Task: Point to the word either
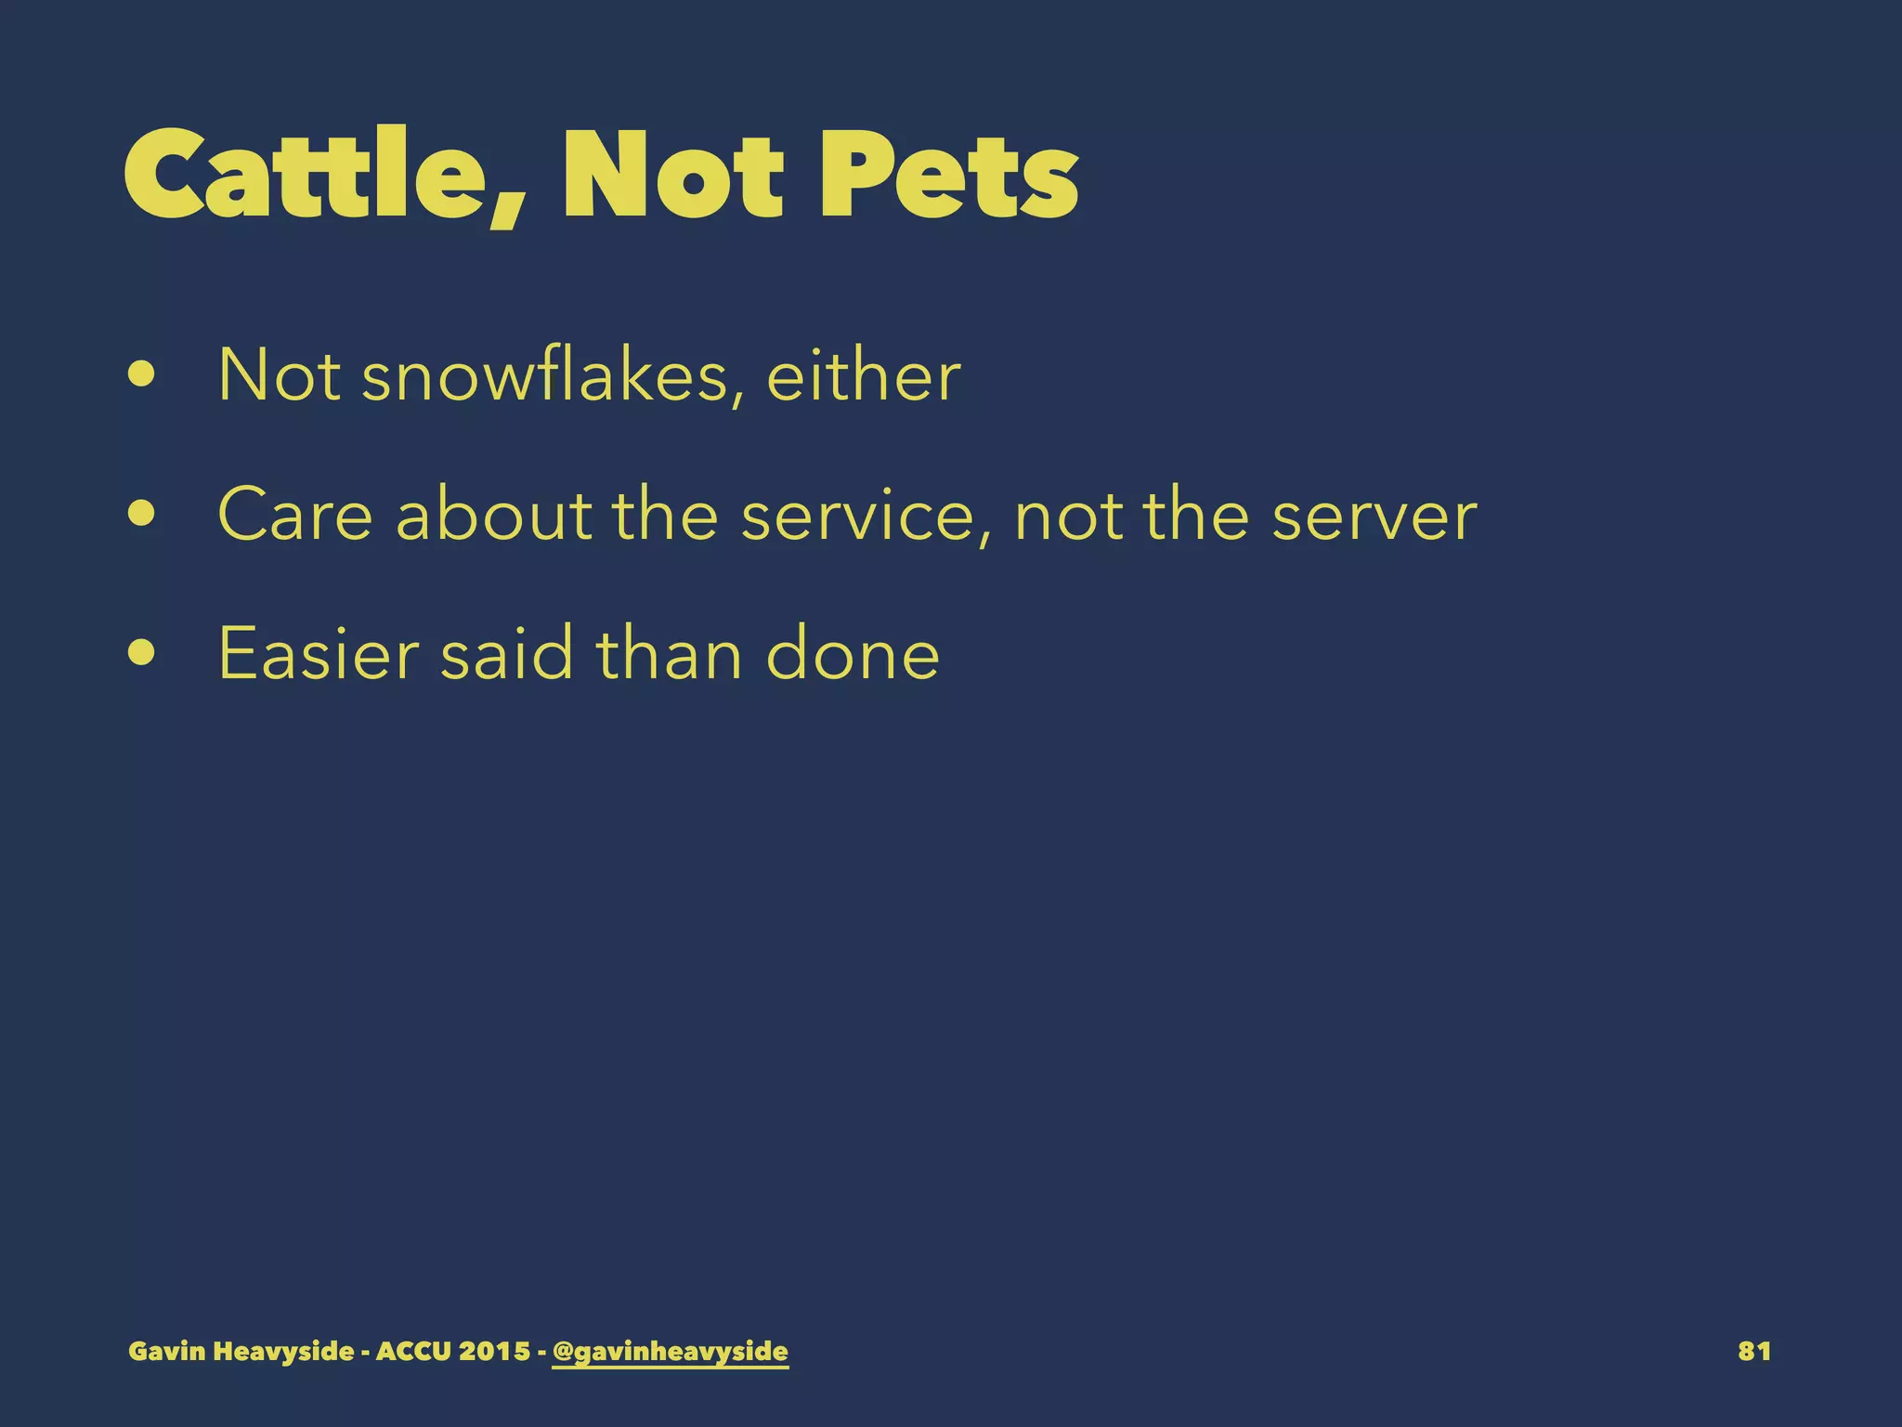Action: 863,376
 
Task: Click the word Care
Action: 294,516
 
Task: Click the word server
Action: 1374,516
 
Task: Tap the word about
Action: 493,516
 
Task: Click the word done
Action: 852,654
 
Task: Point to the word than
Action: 669,654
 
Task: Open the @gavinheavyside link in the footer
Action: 670,1351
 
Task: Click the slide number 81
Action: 1753,1351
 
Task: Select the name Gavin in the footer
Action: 167,1351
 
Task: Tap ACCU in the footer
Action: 413,1351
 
